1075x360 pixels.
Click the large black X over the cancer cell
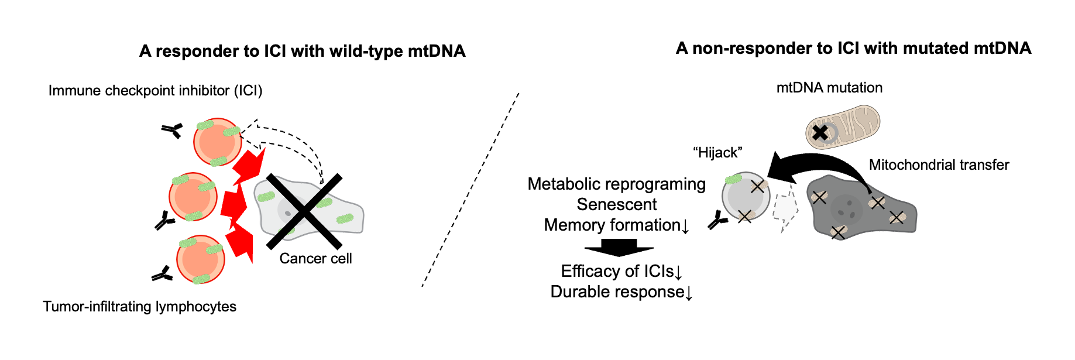point(304,211)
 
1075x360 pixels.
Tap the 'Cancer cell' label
point(315,259)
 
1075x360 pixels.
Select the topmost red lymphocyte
point(217,142)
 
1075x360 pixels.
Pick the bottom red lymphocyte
point(201,260)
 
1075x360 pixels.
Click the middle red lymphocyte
point(193,197)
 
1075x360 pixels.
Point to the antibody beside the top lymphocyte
point(172,131)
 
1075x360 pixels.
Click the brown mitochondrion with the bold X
point(843,127)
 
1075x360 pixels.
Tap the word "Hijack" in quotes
point(717,153)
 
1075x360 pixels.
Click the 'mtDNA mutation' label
point(829,88)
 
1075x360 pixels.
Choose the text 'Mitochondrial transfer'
point(939,165)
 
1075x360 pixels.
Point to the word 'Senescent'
point(617,204)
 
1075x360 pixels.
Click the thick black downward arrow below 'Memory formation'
point(619,248)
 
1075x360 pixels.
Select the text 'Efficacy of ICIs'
point(617,271)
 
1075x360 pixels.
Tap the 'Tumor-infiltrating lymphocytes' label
point(139,307)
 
